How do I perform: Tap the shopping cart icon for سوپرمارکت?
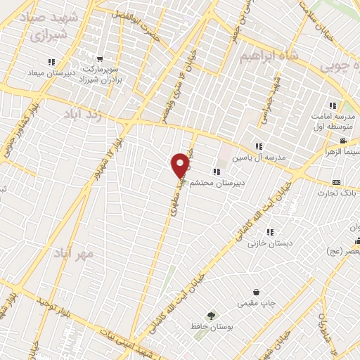(101, 58)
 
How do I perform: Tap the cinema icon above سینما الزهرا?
(342, 140)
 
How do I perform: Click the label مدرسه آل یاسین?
(260, 157)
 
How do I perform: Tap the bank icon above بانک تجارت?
(335, 181)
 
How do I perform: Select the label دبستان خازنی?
(271, 243)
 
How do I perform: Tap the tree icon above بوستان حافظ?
(210, 315)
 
